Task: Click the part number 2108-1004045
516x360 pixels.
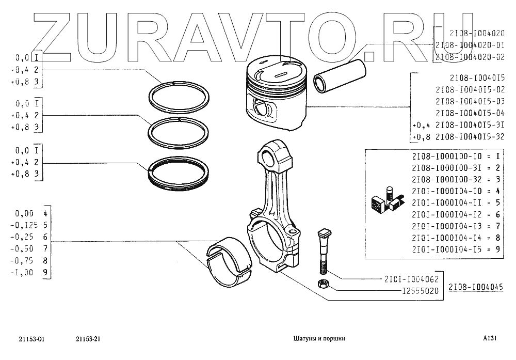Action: click(x=475, y=288)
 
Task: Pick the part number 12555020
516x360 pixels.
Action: click(x=420, y=291)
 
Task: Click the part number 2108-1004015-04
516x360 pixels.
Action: click(x=470, y=113)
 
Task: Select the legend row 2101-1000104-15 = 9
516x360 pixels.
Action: click(x=456, y=249)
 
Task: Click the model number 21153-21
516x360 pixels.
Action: click(x=87, y=339)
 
